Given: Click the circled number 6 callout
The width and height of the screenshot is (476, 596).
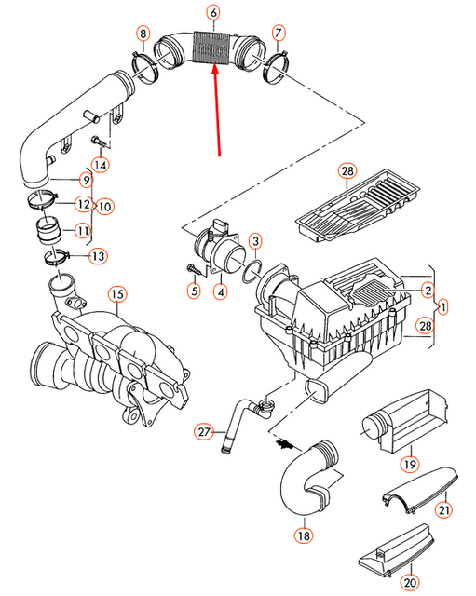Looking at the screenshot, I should (213, 13).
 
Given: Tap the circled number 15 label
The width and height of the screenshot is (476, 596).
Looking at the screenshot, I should (116, 295).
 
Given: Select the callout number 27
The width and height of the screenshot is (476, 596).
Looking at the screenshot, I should (204, 431).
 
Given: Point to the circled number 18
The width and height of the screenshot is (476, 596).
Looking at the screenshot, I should (303, 535).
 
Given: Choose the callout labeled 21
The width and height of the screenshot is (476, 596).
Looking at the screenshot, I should (444, 509).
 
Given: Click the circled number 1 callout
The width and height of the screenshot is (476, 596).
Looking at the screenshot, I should (443, 305).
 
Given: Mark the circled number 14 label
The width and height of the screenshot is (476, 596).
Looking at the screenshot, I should (100, 165).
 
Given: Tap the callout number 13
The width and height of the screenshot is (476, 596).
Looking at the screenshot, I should (98, 255).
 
